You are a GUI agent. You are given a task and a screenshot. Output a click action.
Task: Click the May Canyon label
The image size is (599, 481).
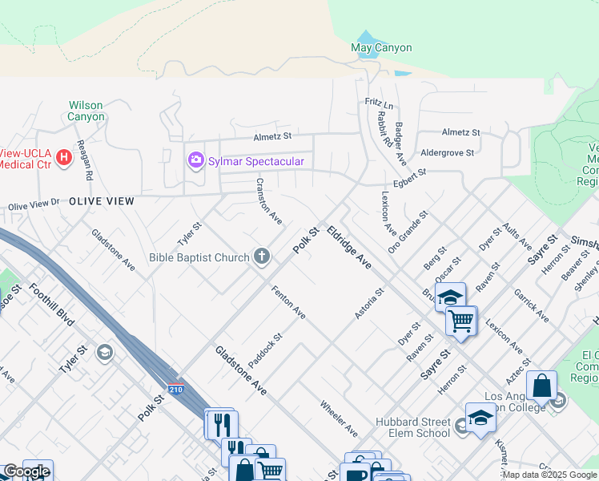click(x=381, y=47)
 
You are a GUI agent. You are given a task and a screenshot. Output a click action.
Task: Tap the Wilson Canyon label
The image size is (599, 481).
click(x=86, y=111)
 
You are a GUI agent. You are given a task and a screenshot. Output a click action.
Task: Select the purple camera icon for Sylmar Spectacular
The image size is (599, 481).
click(x=195, y=161)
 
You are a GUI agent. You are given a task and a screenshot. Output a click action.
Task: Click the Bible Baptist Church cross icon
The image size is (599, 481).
click(x=260, y=257)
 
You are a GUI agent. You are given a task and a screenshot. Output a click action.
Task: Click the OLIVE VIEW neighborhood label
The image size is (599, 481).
click(x=101, y=200)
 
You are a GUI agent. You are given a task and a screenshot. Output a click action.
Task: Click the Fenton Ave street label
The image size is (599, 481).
click(x=288, y=301)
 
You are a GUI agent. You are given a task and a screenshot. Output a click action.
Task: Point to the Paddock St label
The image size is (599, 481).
click(x=266, y=351)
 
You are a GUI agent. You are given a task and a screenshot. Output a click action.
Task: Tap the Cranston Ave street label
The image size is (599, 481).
click(x=268, y=201)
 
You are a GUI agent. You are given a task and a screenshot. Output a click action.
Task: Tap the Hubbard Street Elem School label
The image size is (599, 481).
click(x=412, y=427)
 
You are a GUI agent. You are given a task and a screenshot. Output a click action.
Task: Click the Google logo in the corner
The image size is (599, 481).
click(x=26, y=471)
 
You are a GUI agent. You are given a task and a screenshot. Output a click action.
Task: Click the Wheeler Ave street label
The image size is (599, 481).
click(x=339, y=418)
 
